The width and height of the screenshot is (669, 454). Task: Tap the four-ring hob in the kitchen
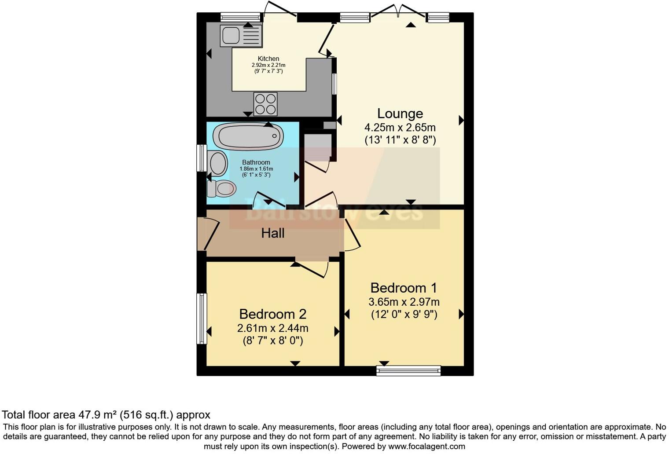point(265,104)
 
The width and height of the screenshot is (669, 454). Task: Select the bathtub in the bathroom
point(248,136)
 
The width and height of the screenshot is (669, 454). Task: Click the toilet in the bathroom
point(222,189)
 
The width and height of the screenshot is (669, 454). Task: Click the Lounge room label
point(400,113)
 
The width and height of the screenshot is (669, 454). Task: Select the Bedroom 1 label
point(404,288)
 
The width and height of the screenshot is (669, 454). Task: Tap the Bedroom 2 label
point(272,314)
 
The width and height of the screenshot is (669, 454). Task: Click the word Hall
point(273,233)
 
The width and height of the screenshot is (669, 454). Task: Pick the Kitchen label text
point(268,59)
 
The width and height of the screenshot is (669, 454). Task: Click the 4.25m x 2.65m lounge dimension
point(400,128)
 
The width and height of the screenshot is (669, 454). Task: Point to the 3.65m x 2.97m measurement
point(404,302)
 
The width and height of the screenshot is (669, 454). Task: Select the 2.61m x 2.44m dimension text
point(272,328)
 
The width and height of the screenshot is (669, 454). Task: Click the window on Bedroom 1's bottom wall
point(408,371)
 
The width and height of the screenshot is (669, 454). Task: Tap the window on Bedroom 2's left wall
point(202,319)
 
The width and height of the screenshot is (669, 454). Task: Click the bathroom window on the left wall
point(202,157)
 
